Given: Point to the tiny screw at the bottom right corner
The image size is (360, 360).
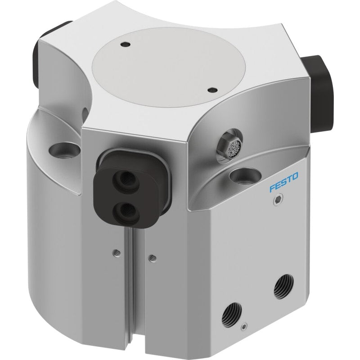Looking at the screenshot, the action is pyautogui.click(x=245, y=327).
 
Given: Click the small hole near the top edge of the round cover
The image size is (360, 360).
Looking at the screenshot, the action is pyautogui.click(x=126, y=44).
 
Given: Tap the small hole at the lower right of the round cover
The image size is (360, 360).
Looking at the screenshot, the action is pyautogui.click(x=211, y=89).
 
